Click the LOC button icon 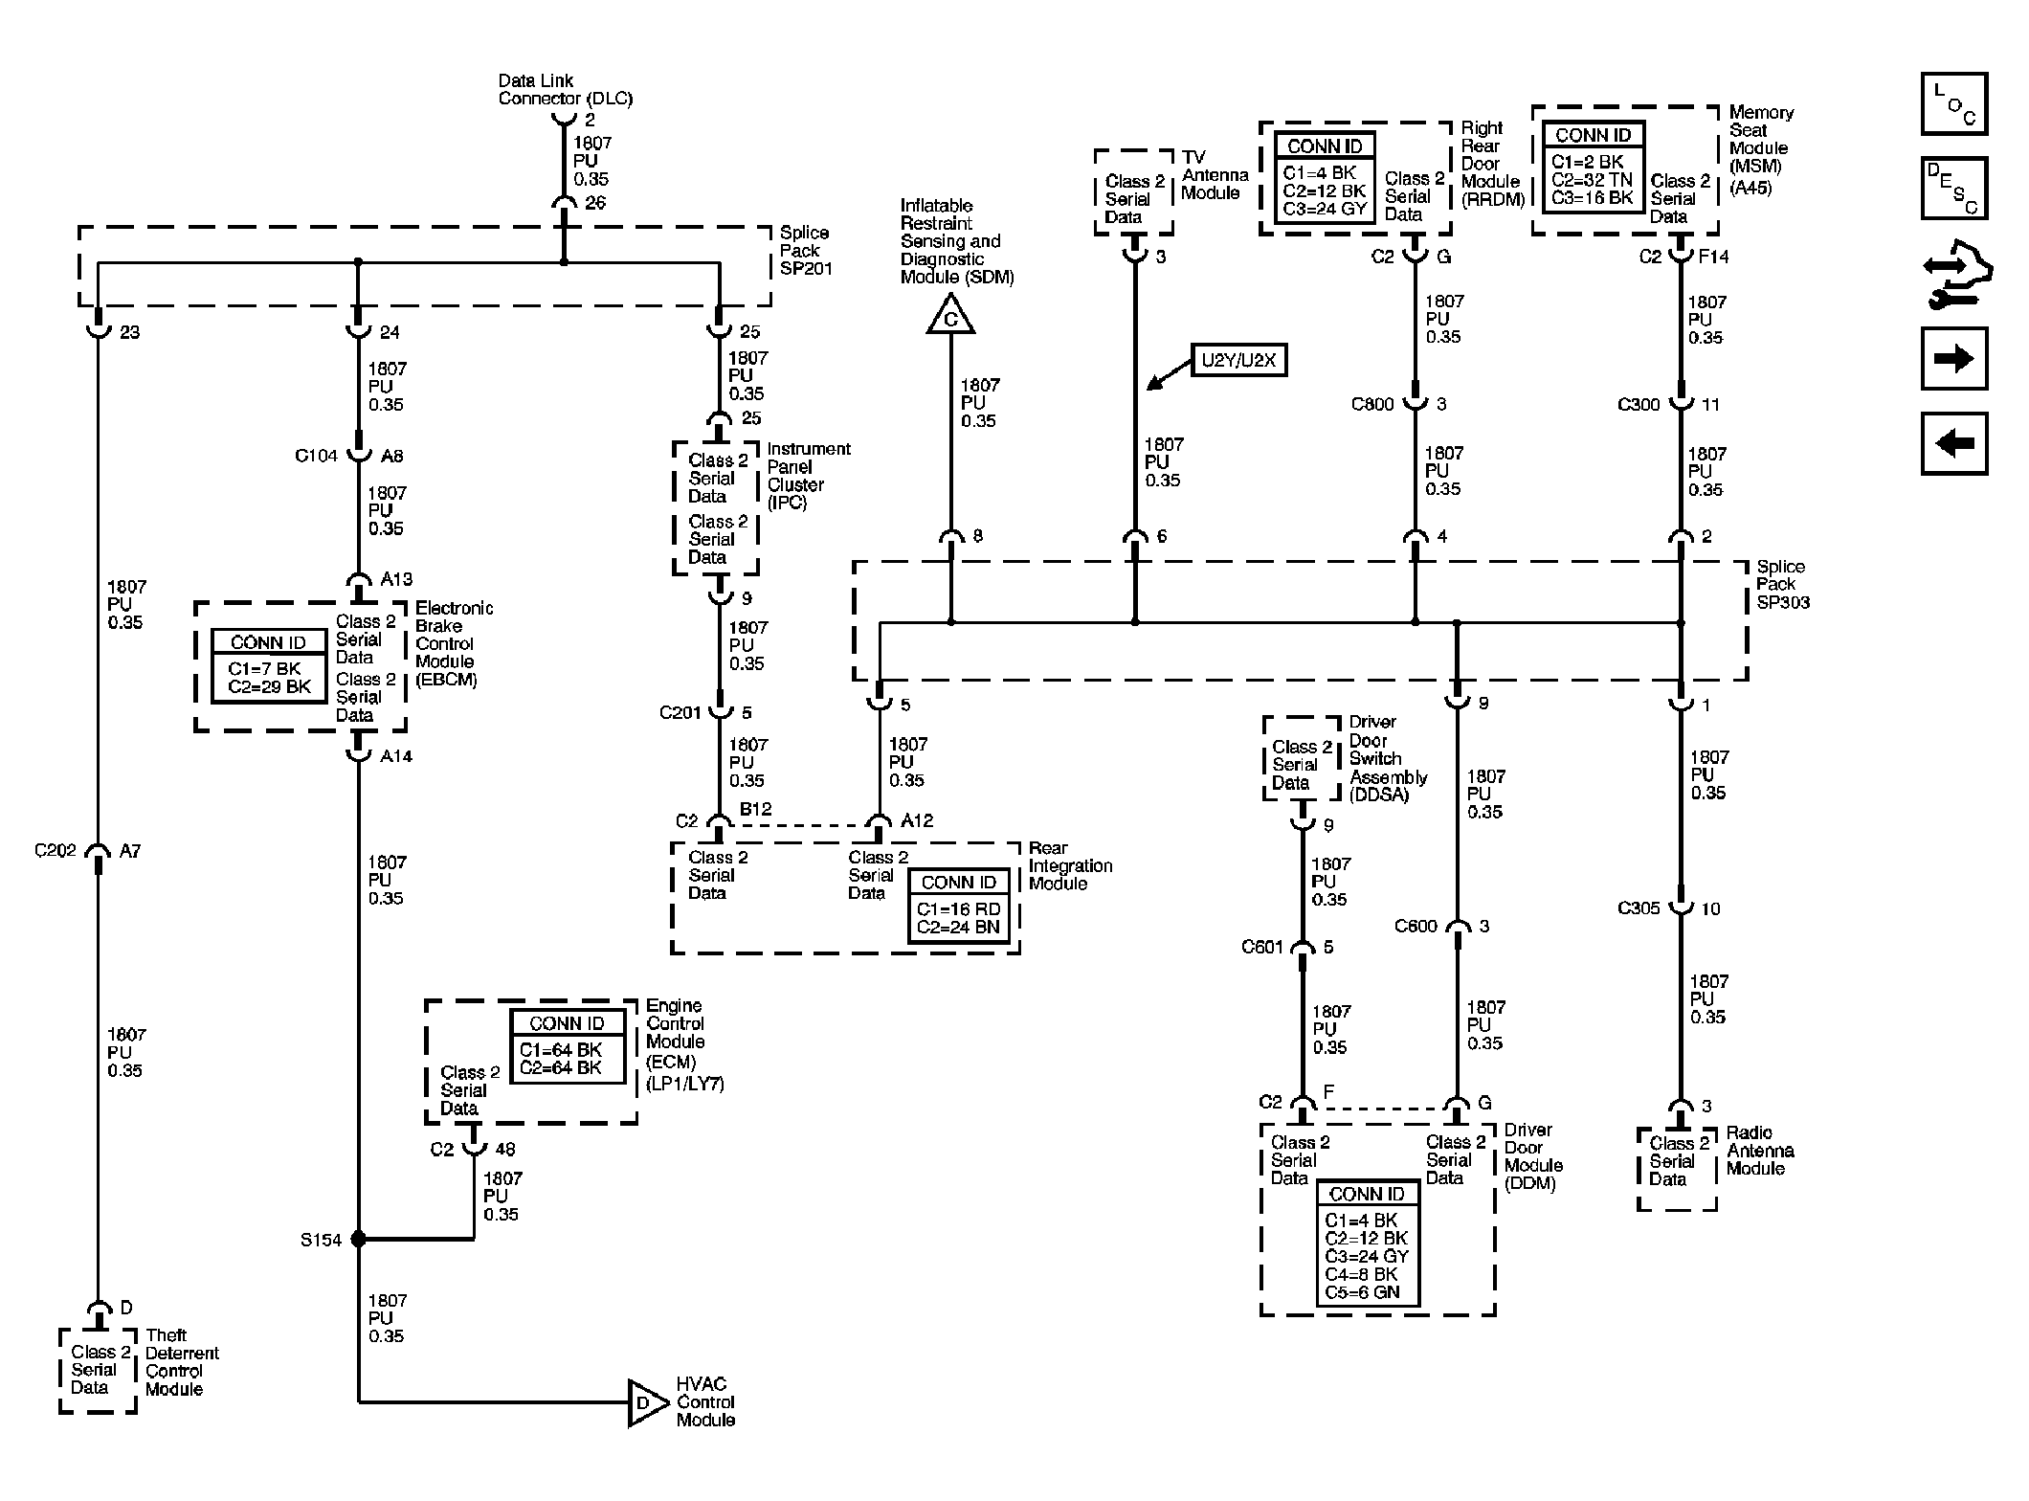tap(1953, 104)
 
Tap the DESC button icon tap(1953, 189)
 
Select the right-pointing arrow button tap(1953, 359)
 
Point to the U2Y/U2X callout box tap(1237, 360)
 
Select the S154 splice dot tap(359, 1239)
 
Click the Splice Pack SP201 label tap(805, 250)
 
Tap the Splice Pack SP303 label tap(1782, 584)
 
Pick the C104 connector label tap(316, 457)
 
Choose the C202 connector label tap(56, 850)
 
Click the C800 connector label tap(1371, 404)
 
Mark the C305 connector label tap(1639, 907)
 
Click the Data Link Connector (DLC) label tap(565, 90)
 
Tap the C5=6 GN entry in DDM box tap(1362, 1292)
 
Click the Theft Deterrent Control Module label tap(181, 1361)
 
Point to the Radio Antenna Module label tap(1759, 1151)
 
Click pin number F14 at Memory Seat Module tap(1713, 257)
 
